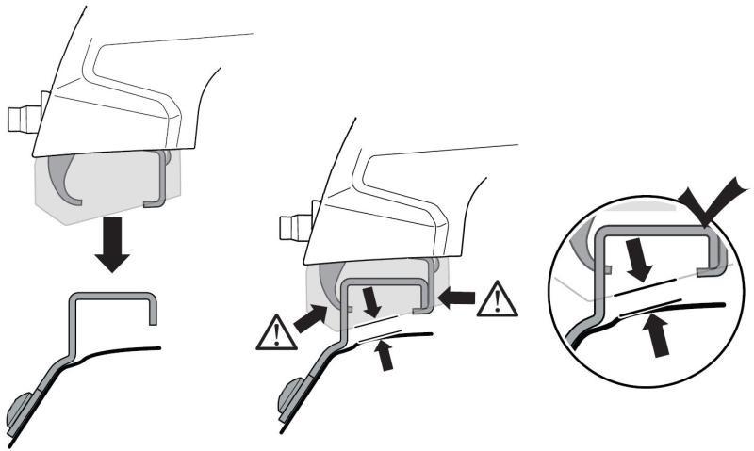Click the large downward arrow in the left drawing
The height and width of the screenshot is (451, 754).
pos(111,244)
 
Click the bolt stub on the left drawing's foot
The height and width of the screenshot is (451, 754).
pos(19,121)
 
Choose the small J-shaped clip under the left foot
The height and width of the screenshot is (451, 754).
pos(156,179)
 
